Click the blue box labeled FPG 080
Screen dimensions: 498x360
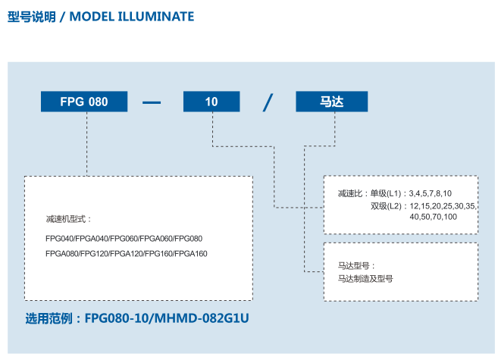point(84,102)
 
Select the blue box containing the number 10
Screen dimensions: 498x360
point(211,102)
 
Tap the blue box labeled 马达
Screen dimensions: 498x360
point(332,102)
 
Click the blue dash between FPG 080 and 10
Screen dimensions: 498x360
point(152,102)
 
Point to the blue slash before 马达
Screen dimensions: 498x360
point(268,102)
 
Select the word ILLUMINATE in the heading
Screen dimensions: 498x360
point(156,17)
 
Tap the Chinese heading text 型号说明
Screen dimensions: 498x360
point(31,17)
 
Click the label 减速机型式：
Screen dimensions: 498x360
point(69,219)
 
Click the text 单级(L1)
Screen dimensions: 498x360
point(386,193)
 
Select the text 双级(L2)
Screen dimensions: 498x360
point(387,206)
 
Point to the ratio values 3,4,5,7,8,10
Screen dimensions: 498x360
point(430,193)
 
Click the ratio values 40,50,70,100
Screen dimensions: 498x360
point(434,217)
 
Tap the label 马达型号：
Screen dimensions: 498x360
point(357,266)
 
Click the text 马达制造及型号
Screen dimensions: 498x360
point(365,279)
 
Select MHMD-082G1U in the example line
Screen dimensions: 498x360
point(202,318)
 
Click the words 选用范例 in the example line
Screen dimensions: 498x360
point(49,318)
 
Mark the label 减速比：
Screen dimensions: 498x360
point(353,193)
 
